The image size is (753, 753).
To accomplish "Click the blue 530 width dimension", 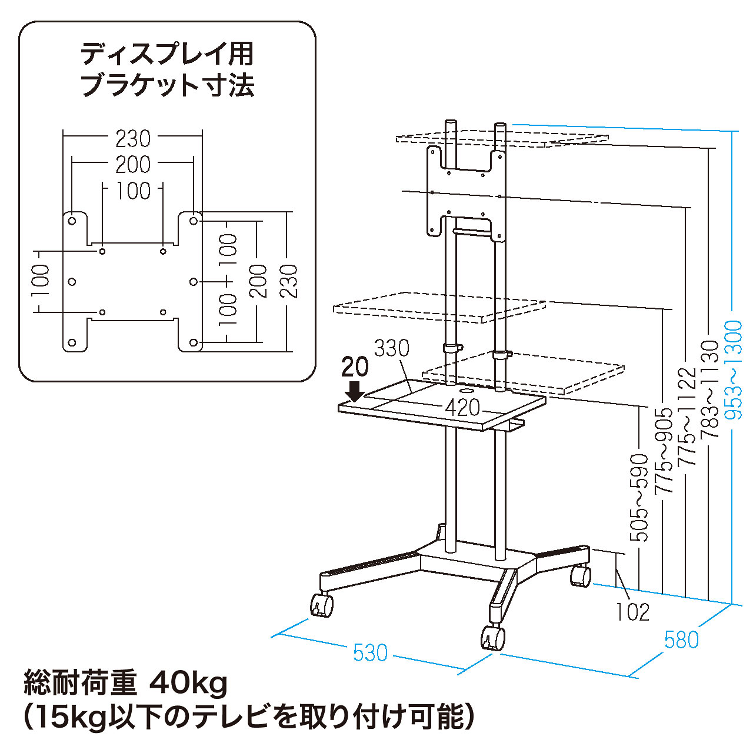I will click(370, 652).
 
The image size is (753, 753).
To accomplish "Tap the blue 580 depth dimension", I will click(681, 639).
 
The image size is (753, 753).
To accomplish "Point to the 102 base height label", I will click(633, 612).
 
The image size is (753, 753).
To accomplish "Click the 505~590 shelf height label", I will click(639, 497).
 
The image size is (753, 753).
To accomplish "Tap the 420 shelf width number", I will click(462, 408).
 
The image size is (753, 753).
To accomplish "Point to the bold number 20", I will click(355, 367).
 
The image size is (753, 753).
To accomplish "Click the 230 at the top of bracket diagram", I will click(133, 139).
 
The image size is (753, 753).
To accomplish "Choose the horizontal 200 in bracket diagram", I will click(133, 165).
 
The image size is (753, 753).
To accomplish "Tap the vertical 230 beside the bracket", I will click(288, 281).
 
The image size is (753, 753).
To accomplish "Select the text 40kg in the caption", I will click(188, 684).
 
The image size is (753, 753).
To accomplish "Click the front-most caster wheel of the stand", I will click(493, 638).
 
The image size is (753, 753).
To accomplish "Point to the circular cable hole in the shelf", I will click(466, 389).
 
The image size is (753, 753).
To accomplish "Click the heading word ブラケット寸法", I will click(168, 86).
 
